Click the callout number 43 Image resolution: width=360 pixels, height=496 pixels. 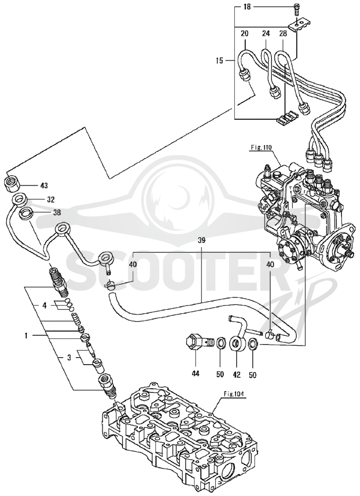(44, 185)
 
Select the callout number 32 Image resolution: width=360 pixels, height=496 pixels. (50, 200)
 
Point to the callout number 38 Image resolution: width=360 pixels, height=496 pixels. (57, 213)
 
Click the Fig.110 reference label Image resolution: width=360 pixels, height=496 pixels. (260, 147)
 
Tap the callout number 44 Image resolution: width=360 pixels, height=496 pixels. (195, 374)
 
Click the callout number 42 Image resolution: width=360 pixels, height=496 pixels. (237, 375)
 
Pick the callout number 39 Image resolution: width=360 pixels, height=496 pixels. (202, 241)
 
